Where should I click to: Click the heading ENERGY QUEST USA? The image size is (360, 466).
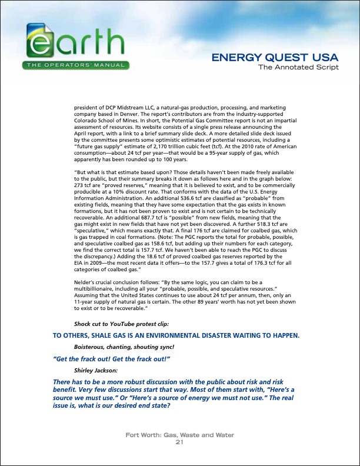(x=275, y=58)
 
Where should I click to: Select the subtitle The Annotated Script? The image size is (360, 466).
(x=299, y=67)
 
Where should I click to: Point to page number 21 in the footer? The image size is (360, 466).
(x=180, y=442)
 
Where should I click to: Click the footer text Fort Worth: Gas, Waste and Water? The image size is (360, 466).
(x=180, y=436)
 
